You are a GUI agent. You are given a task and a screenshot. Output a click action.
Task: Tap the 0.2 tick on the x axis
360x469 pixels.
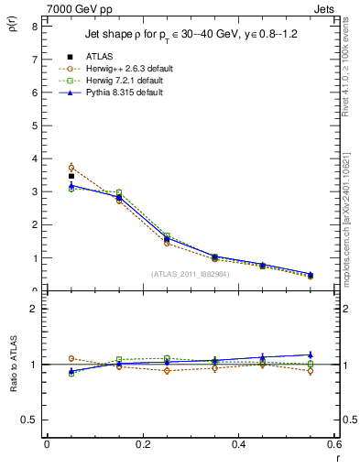[x=143, y=444]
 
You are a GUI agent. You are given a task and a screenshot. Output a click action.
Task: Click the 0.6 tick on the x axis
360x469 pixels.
[x=333, y=444]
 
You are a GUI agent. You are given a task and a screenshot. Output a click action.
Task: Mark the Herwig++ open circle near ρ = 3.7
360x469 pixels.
[x=71, y=168]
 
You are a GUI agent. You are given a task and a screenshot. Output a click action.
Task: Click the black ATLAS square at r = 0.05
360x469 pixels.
[x=71, y=176]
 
